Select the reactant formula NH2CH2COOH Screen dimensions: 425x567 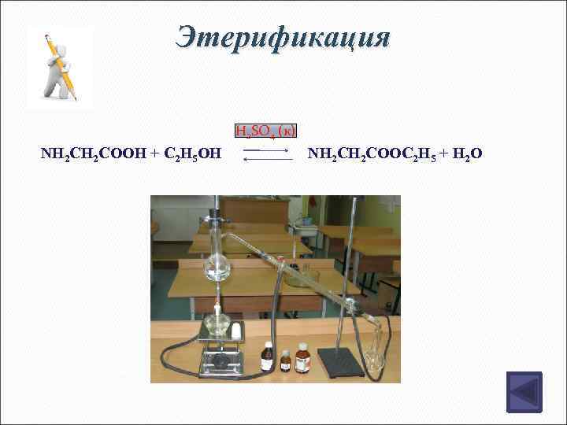93,153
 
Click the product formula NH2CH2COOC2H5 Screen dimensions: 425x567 370,153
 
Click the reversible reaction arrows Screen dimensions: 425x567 266,153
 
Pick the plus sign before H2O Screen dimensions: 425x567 441,153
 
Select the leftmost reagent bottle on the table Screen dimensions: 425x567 268,358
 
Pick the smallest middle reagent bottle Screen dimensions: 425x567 286,362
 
